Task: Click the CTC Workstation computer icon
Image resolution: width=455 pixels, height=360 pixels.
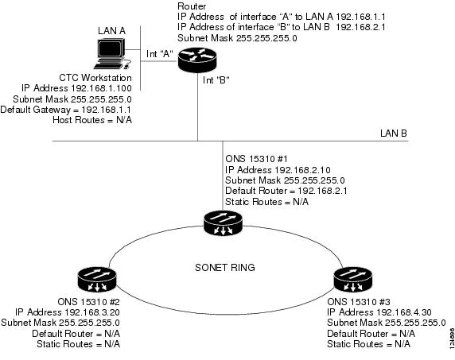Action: [x=112, y=54]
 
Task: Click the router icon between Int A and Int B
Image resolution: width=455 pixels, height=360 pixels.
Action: [x=197, y=60]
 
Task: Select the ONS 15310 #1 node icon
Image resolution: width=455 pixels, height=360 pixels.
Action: [x=223, y=223]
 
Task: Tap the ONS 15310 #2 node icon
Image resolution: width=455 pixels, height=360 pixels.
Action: [x=97, y=280]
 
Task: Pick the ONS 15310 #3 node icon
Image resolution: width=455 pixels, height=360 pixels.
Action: [x=353, y=280]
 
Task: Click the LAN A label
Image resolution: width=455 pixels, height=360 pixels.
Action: [x=111, y=31]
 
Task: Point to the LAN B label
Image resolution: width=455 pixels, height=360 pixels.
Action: [x=394, y=133]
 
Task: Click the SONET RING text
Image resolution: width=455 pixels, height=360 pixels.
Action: [x=225, y=267]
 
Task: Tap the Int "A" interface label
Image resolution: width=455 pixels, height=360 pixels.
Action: [x=160, y=53]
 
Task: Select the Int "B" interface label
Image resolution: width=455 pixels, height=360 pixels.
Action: [x=216, y=79]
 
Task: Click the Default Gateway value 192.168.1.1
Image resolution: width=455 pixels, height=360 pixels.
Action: [x=107, y=110]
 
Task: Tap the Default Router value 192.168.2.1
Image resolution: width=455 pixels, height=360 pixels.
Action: [x=322, y=191]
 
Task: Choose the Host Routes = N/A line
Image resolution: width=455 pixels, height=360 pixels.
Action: [x=92, y=120]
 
